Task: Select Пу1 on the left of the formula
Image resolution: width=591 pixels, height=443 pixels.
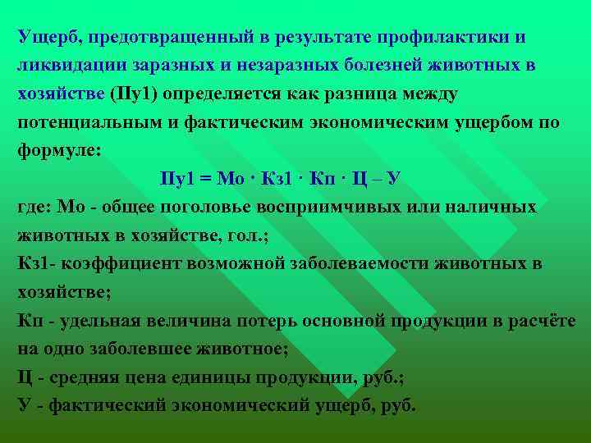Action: pos(177,178)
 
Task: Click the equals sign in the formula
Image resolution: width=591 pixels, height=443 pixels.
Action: pos(206,178)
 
